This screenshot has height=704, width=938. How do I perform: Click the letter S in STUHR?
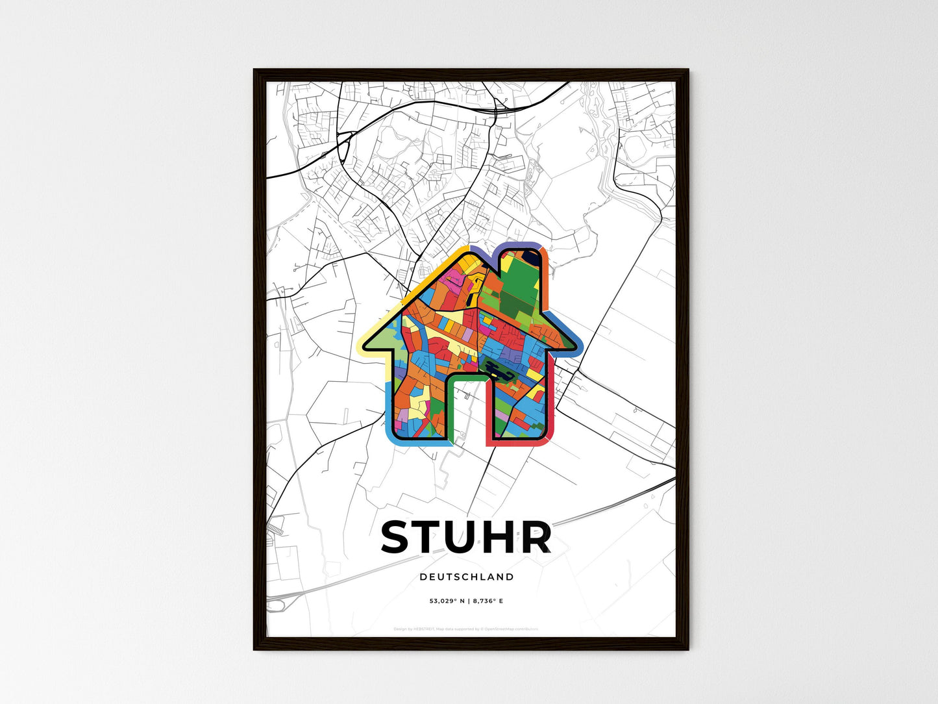coord(397,537)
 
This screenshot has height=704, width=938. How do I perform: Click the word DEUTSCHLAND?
coord(466,577)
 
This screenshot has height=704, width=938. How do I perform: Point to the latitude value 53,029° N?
coord(447,601)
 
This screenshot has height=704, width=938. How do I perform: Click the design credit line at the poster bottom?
coord(465,629)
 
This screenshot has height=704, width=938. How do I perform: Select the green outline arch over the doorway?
coord(466,377)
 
